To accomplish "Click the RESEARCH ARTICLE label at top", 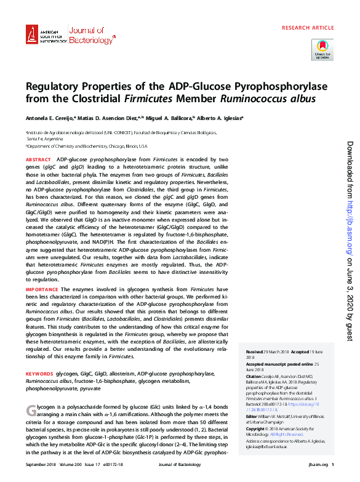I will [307, 28].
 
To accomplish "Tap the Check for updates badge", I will [322, 49].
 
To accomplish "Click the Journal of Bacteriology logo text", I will [91, 35].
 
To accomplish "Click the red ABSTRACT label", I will [38, 159].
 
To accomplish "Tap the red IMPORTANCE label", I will [42, 289].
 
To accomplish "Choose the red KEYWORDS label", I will [39, 374].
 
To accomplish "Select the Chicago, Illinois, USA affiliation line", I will [86, 147].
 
